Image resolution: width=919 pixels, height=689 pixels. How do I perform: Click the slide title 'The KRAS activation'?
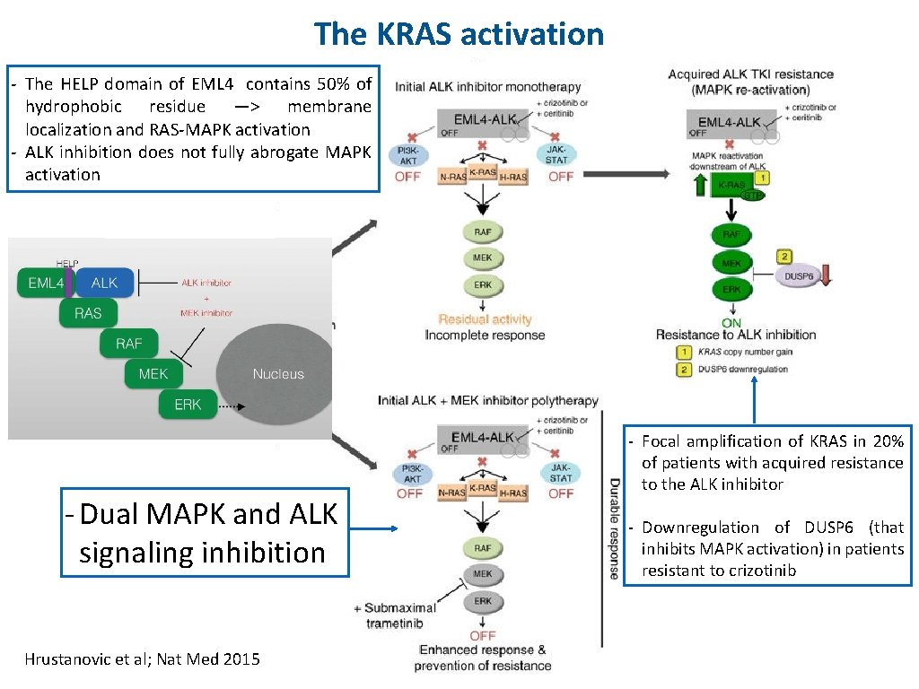[459, 34]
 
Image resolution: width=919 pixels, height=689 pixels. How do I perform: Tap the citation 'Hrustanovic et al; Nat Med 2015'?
[143, 659]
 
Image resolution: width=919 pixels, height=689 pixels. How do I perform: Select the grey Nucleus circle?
[277, 374]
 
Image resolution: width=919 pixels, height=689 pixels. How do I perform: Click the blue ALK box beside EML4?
[105, 283]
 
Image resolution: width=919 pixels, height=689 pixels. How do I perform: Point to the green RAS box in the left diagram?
[88, 313]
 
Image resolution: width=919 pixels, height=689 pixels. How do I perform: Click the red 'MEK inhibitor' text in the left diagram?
[206, 312]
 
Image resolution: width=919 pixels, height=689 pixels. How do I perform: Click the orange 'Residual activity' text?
[485, 318]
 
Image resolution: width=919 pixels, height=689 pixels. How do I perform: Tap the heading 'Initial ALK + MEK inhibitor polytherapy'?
[487, 400]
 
